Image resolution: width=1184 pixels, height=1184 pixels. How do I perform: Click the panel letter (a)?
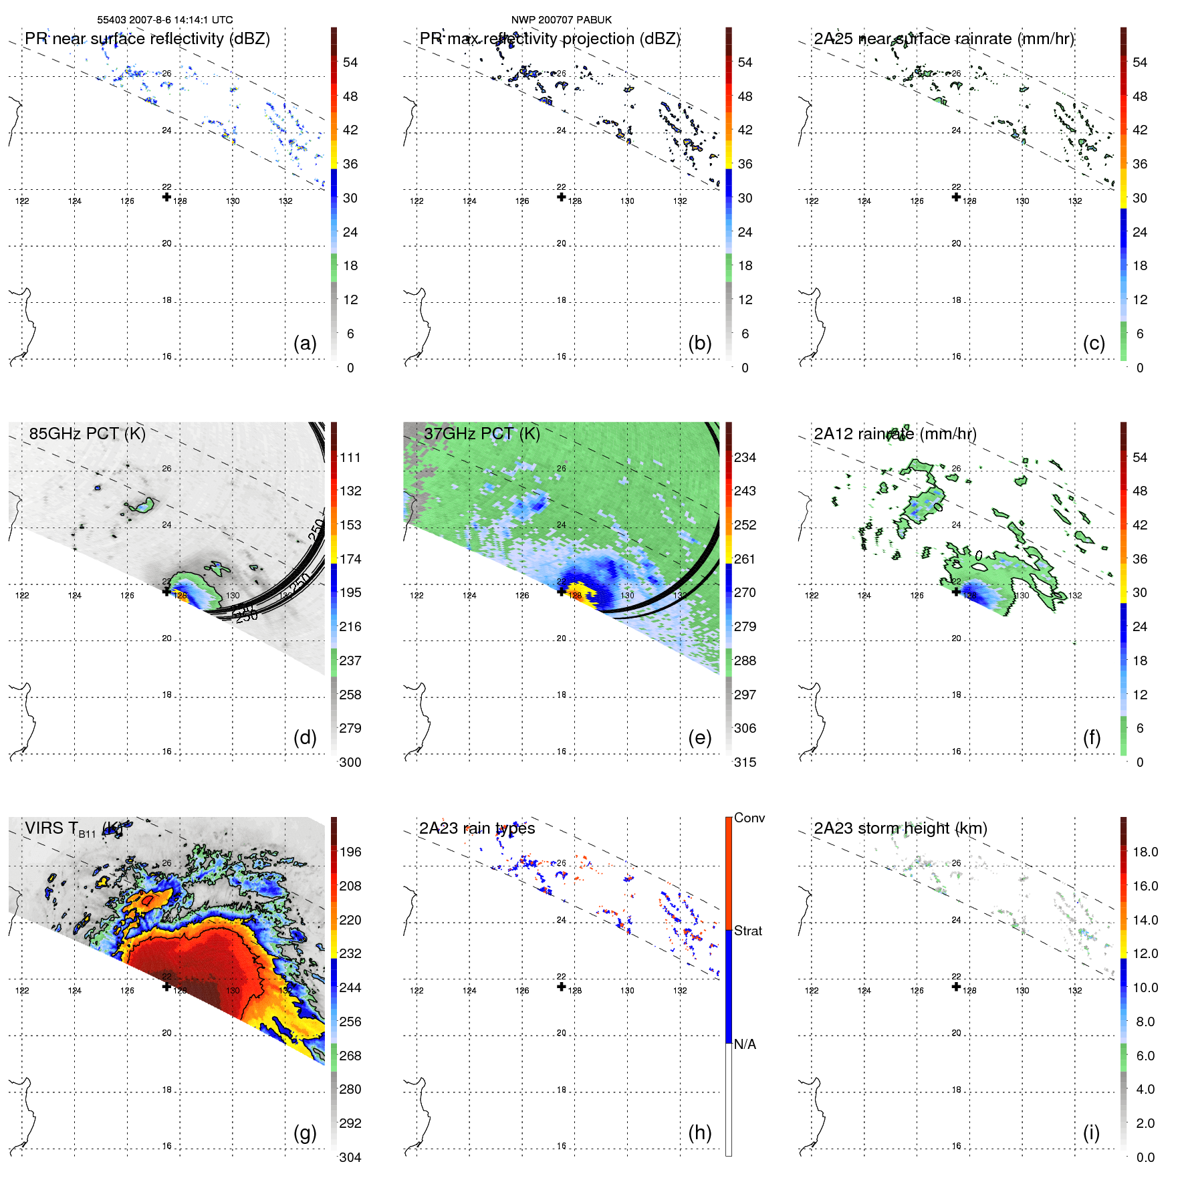(304, 344)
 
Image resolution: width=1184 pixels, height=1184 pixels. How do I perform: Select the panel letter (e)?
(699, 738)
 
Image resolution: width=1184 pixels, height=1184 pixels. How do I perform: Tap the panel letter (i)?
(1091, 1133)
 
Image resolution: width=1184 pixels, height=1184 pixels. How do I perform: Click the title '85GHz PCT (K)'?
(87, 433)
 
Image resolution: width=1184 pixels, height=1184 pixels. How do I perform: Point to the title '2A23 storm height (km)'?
(900, 828)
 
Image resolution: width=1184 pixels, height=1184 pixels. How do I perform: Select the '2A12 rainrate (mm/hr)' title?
(895, 433)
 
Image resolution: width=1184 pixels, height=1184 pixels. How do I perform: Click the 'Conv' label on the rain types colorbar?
(749, 818)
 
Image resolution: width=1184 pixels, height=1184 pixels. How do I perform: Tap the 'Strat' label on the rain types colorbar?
(747, 931)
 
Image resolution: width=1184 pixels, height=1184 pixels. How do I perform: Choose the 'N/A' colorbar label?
(745, 1044)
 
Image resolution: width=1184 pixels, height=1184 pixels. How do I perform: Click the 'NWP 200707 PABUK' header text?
(561, 19)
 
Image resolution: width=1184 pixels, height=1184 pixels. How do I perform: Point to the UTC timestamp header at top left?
(164, 19)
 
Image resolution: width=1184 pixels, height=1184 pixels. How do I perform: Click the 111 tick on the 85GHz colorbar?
(350, 457)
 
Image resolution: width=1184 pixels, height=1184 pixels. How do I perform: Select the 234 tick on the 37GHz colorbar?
(745, 457)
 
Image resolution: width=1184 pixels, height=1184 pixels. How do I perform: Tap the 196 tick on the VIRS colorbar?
(350, 852)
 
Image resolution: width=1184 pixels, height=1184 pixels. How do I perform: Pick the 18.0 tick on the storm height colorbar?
(1145, 852)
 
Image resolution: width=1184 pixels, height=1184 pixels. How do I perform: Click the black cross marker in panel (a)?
(166, 197)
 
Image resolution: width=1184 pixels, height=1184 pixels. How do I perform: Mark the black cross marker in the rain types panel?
(562, 987)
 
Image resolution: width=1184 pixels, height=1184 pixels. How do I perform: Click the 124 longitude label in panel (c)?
(864, 201)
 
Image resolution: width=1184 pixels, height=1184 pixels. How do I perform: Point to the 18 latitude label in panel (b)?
(562, 300)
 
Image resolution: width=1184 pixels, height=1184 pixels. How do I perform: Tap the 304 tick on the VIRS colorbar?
(350, 1157)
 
